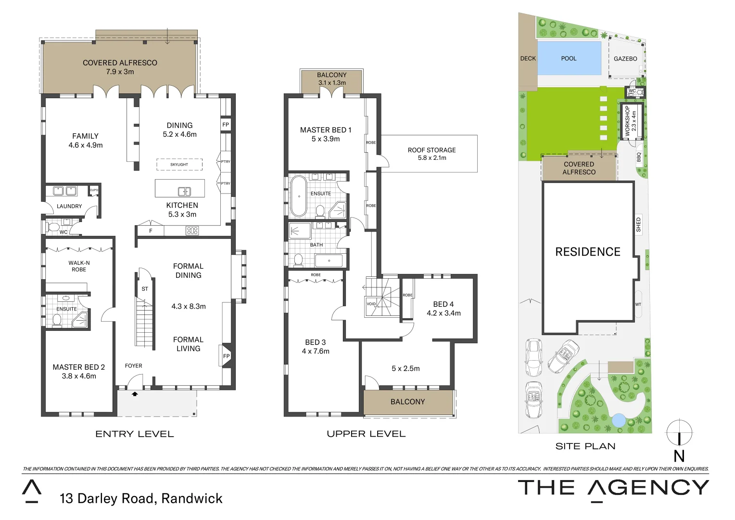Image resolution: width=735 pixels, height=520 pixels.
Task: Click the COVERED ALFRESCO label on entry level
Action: (120, 63)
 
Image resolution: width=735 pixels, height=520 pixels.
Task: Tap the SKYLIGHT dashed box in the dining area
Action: (179, 165)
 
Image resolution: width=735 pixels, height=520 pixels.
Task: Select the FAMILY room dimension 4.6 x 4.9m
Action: (85, 145)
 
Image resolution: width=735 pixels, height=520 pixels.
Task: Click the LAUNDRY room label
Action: (69, 206)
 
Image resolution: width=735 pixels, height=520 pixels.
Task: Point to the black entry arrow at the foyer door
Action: (135, 394)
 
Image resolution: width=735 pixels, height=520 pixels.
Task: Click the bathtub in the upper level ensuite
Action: (299, 196)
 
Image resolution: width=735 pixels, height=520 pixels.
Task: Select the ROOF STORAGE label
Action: (431, 150)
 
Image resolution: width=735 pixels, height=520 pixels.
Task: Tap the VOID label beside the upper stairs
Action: (371, 304)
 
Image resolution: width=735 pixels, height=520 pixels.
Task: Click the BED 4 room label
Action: (443, 304)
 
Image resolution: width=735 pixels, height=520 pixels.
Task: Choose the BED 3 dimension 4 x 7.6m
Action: (316, 351)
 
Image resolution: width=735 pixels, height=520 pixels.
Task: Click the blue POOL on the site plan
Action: (569, 58)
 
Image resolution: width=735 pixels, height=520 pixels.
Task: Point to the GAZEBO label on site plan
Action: (625, 59)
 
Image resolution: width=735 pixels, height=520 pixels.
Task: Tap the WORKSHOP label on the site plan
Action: (627, 121)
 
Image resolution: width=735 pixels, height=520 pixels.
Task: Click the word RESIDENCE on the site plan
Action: (587, 252)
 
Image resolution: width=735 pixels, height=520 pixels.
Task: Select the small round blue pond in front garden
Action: (618, 420)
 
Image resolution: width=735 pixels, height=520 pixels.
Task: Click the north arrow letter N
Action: (679, 455)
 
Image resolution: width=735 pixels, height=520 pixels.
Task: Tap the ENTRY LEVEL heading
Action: (135, 434)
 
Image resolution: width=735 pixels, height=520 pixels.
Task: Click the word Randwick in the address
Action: (192, 498)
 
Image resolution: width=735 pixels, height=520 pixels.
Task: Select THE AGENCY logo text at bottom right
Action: (613, 488)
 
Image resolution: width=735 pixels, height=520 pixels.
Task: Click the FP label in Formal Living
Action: (226, 356)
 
